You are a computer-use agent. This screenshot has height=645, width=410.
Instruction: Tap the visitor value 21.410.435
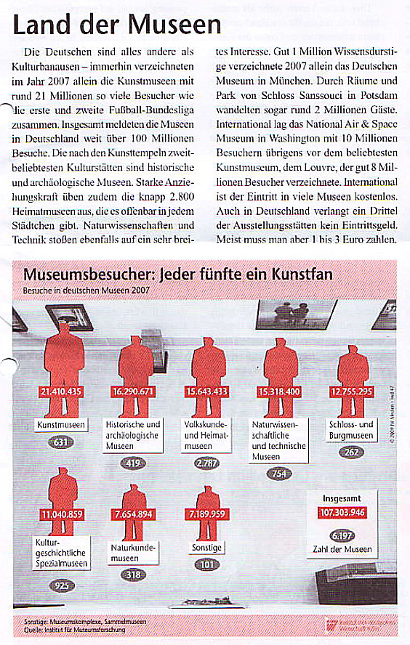(x=62, y=392)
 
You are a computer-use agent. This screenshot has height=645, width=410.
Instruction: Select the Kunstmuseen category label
(x=61, y=424)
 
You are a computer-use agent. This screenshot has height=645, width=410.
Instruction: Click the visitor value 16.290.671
(x=133, y=392)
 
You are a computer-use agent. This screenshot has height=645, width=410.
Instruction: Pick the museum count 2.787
(x=207, y=462)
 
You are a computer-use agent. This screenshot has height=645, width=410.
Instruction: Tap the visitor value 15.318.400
(x=279, y=392)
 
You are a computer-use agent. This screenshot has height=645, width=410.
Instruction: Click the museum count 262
(x=352, y=451)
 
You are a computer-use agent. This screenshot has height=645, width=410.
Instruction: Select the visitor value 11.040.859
(x=62, y=515)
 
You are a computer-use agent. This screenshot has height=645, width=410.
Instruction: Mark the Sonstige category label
(x=204, y=546)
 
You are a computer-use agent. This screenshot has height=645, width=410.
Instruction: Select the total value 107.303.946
(x=342, y=513)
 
